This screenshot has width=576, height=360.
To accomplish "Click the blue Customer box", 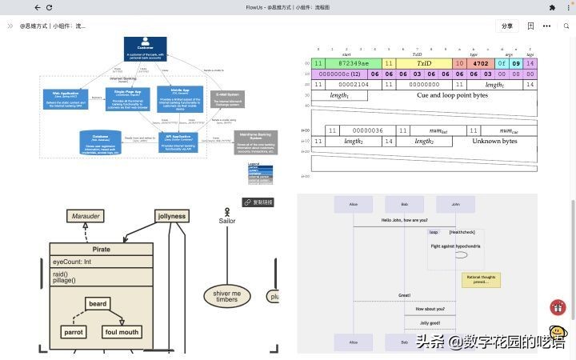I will [x=144, y=48].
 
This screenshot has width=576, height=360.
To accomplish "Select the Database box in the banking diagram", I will [x=100, y=142].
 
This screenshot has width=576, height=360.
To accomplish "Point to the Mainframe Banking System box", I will [x=253, y=142].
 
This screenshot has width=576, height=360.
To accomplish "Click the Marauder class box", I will [x=86, y=216].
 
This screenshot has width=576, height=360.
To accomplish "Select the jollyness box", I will [x=172, y=216].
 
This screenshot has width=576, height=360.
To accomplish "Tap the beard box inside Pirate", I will [x=98, y=304].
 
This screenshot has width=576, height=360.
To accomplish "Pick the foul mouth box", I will [x=122, y=332].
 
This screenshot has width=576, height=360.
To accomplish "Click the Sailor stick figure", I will [x=226, y=216].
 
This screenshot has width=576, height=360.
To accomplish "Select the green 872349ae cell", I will [x=354, y=62].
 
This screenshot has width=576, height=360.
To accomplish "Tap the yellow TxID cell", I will [x=423, y=62].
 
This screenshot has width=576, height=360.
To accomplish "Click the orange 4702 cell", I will [x=481, y=62].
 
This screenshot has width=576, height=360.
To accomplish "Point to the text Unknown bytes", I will [x=494, y=141].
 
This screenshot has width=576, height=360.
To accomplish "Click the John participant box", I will [x=455, y=204].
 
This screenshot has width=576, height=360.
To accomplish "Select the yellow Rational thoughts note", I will [x=481, y=280].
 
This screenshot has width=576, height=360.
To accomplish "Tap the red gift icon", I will [x=558, y=307].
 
